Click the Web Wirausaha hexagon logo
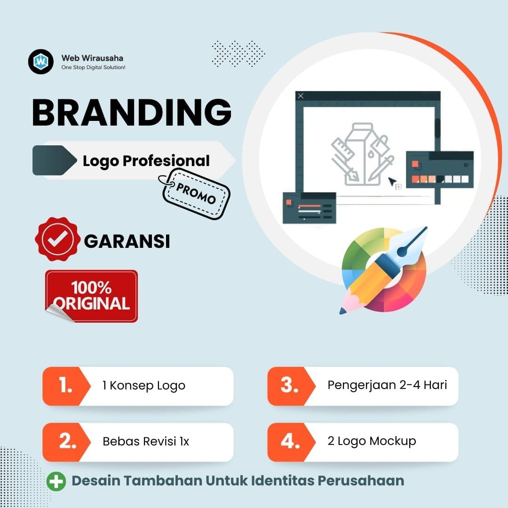pos(41,61)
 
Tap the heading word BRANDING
pos(132,113)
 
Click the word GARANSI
pos(127,241)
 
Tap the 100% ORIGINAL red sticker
pos(92,296)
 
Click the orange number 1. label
pos(65,386)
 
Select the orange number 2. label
pos(65,442)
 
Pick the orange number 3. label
pos(289,386)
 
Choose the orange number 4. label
pos(289,442)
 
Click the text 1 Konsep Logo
pos(144,386)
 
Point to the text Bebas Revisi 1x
pos(146,442)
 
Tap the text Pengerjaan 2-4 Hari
pos(387,385)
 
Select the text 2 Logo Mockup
pos(372,441)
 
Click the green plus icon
pos(56,481)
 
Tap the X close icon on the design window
pos(301,96)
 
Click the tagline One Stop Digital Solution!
pos(93,68)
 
